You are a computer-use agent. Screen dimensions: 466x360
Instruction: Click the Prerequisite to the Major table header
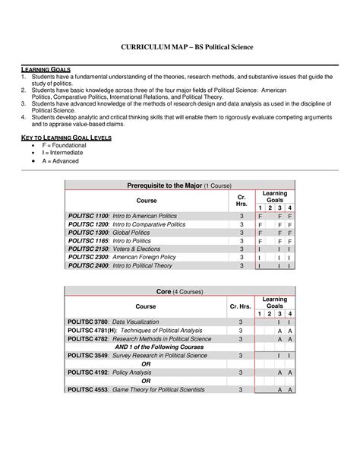click(x=181, y=186)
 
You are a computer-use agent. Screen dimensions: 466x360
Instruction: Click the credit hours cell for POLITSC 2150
click(x=242, y=249)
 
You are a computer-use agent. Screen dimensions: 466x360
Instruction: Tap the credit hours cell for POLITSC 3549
click(x=240, y=355)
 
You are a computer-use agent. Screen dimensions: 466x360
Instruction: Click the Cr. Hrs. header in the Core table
click(x=240, y=306)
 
